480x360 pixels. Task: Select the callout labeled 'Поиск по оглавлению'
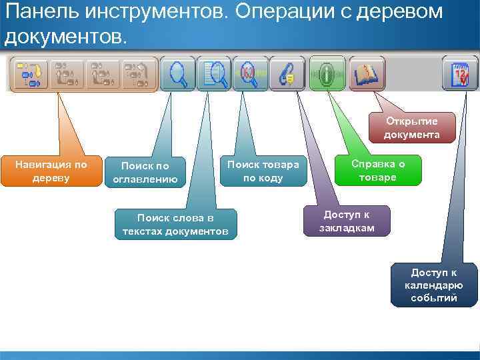(145, 172)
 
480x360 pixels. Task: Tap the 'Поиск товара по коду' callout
(263, 171)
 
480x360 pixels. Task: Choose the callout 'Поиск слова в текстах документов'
(175, 225)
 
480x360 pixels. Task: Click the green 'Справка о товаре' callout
(378, 171)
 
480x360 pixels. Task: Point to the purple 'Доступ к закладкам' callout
(347, 221)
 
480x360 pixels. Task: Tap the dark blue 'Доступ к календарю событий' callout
(434, 285)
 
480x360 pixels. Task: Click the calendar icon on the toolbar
(460, 73)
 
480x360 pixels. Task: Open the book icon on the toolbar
(365, 73)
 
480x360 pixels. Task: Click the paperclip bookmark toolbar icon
(287, 73)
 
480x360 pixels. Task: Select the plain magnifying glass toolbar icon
(178, 73)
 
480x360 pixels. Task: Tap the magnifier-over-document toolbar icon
(215, 73)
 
